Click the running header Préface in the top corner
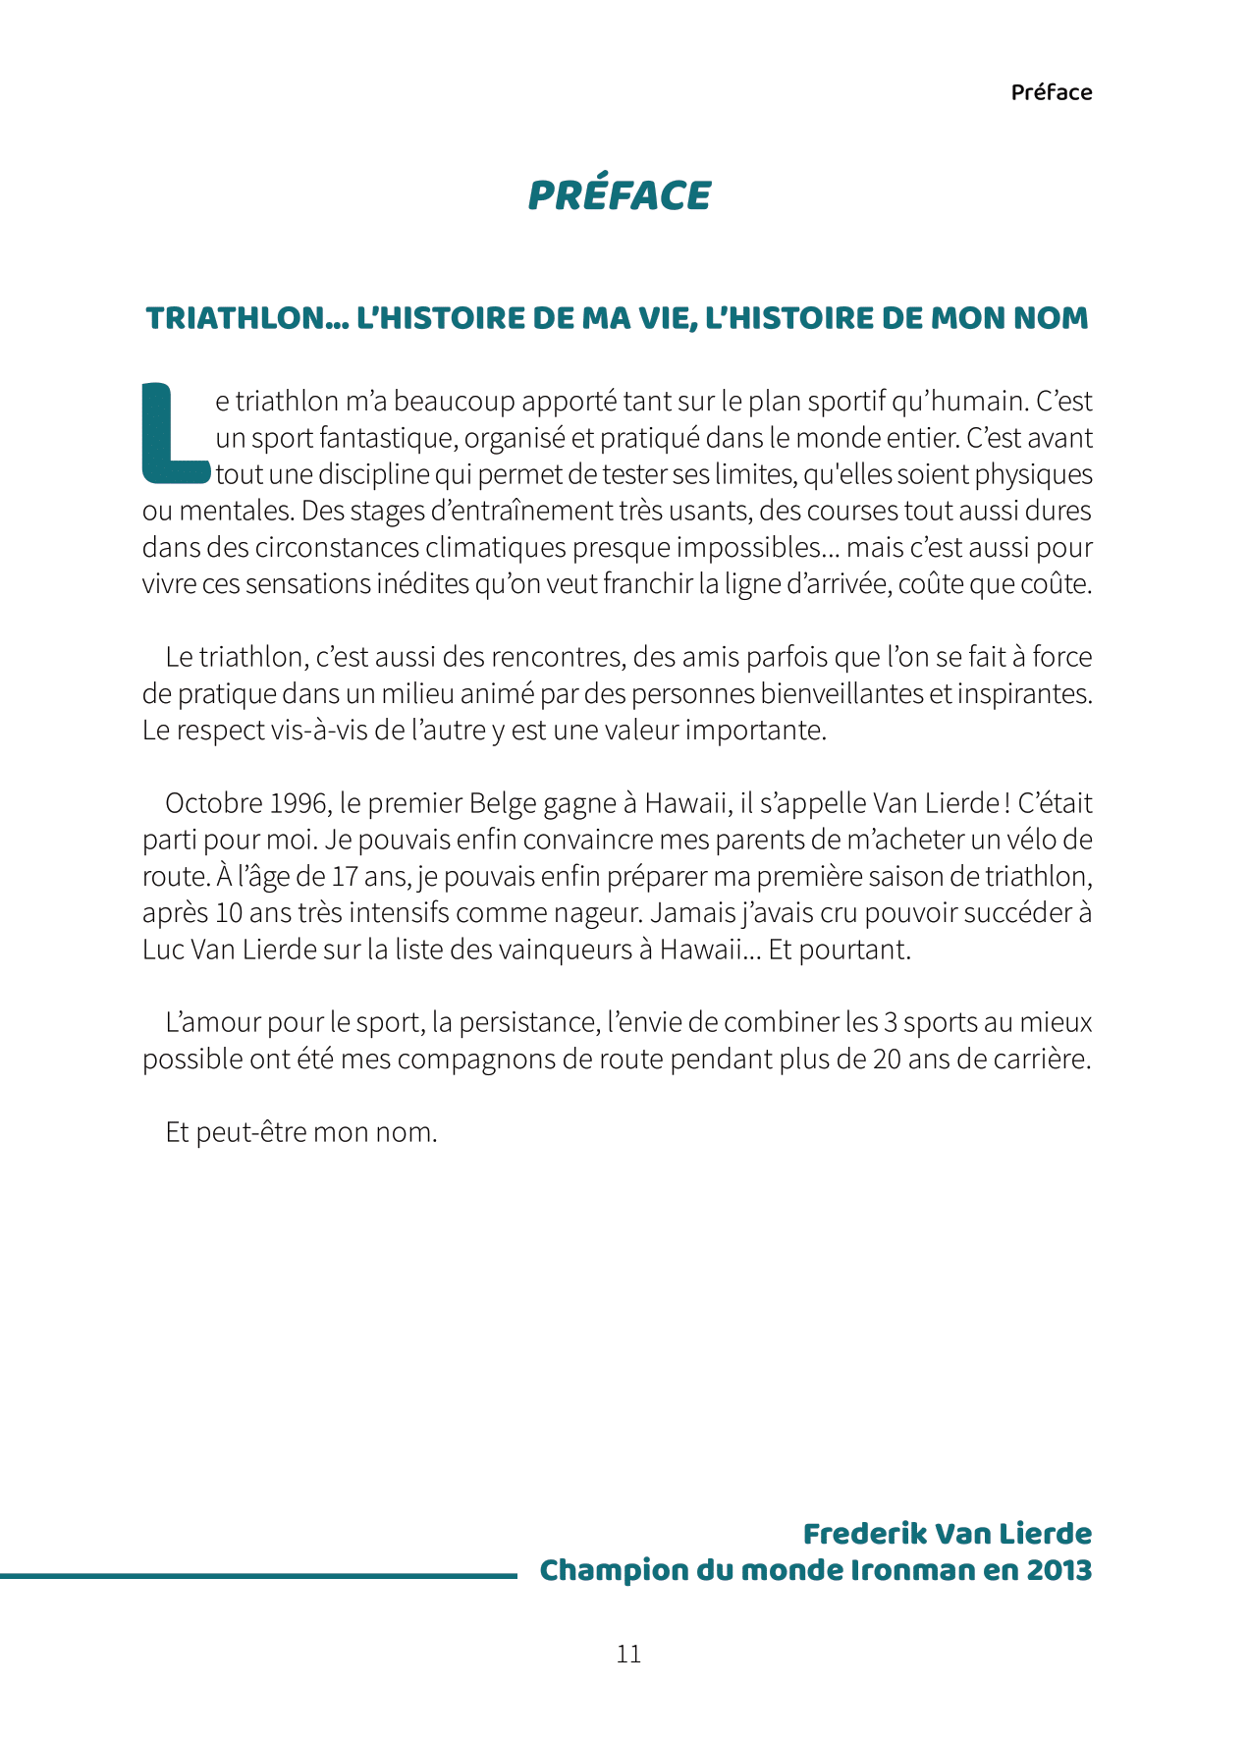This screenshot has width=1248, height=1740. tap(1051, 92)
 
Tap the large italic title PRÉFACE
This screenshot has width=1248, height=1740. tap(619, 195)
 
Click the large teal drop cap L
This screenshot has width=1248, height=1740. tap(175, 434)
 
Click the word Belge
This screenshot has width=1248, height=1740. tap(503, 803)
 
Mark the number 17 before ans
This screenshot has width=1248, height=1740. tap(345, 876)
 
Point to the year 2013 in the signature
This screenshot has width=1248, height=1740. tap(1058, 1570)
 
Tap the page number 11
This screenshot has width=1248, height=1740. tap(628, 1655)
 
